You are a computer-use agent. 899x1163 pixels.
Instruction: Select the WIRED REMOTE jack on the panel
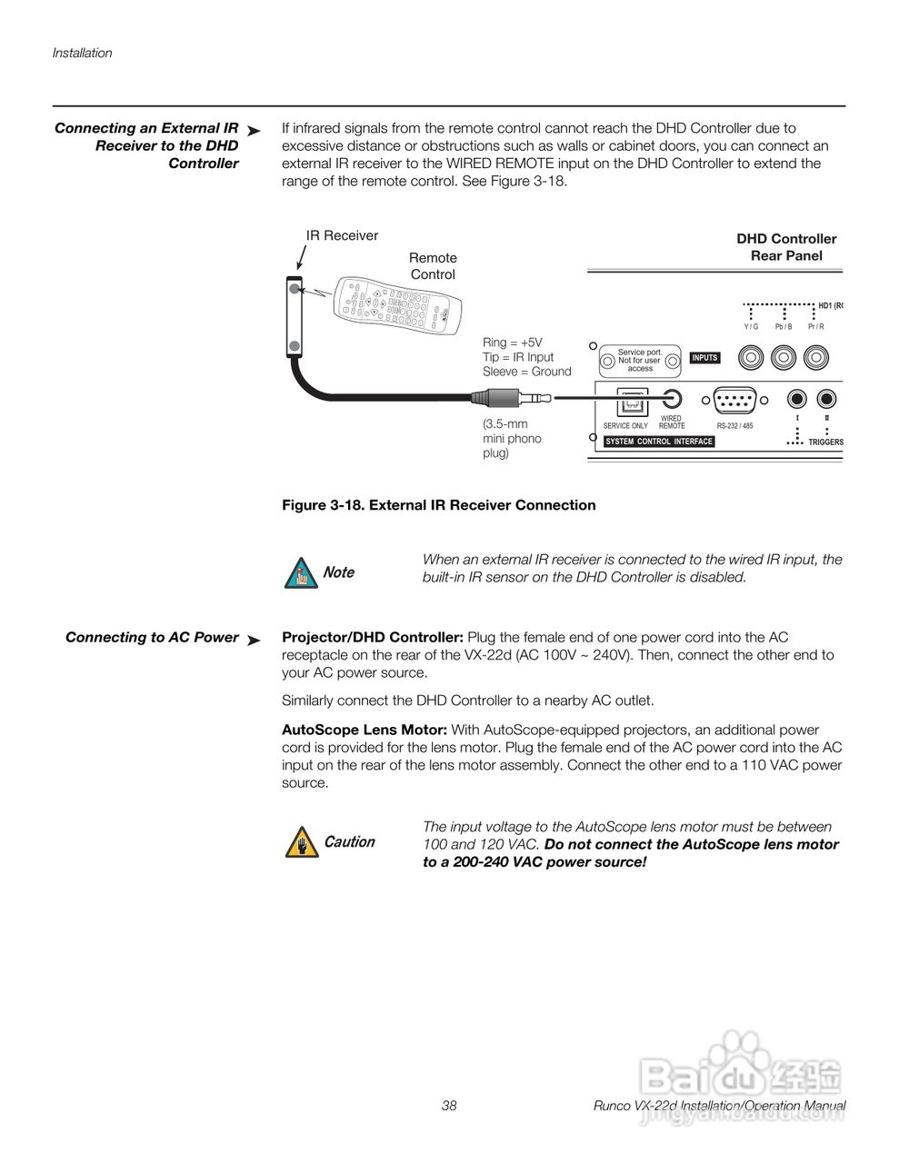point(673,398)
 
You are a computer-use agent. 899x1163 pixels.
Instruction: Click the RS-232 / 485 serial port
point(734,399)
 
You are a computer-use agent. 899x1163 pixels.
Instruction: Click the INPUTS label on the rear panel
point(704,358)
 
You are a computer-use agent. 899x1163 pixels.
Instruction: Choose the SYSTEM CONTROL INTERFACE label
point(659,442)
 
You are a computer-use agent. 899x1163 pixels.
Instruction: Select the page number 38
point(449,1106)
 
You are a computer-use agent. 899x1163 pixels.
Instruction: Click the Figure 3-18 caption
point(438,505)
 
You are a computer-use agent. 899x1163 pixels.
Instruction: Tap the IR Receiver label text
point(342,235)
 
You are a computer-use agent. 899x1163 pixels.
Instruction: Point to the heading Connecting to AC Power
point(152,638)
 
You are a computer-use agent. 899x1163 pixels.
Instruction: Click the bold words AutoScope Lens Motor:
point(364,730)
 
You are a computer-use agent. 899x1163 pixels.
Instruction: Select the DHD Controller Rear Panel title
point(786,247)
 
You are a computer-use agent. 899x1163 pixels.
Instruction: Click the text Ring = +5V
point(512,343)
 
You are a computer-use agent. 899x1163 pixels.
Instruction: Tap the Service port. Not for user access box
point(640,361)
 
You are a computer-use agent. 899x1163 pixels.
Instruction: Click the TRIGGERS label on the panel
point(825,442)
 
